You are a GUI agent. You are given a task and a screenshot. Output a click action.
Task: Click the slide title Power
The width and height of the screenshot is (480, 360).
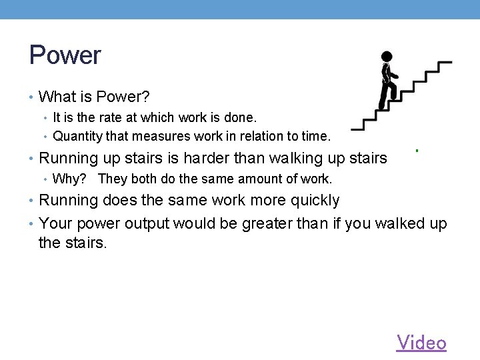coord(65,55)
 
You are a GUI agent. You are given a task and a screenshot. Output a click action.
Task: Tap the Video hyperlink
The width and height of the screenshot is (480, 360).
coord(421,343)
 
